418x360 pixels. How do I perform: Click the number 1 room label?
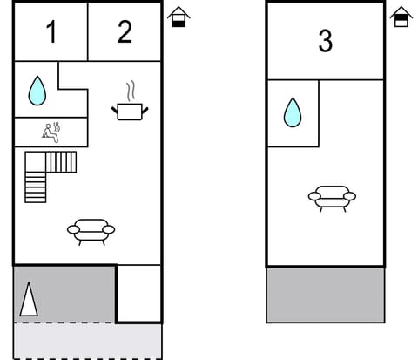51,33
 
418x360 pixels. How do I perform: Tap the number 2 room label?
125,32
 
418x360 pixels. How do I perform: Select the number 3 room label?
325,41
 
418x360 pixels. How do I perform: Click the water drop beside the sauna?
37,90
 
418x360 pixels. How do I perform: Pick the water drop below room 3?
293,112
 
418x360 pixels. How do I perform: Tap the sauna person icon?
51,132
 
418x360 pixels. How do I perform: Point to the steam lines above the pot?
131,92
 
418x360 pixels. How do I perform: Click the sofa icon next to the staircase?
91,231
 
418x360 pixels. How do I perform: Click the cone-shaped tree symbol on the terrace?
29,300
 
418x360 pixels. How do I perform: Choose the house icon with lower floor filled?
179,17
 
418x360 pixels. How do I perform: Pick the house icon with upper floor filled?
401,17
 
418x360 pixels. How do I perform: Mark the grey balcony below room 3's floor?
325,295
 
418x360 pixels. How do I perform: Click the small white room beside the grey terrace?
139,294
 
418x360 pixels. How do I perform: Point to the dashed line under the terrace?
65,323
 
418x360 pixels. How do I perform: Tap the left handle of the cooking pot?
115,108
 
